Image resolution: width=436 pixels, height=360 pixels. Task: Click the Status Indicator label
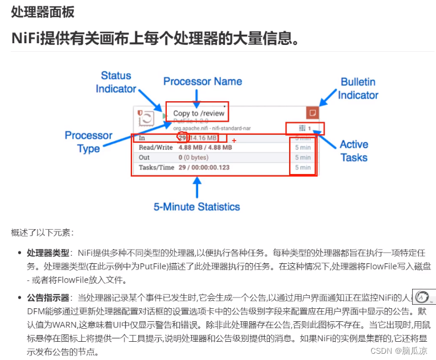coord(116,82)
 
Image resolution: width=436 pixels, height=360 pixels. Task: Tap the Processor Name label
coord(203,81)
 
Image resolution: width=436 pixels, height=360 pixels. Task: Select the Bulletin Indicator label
coord(358,88)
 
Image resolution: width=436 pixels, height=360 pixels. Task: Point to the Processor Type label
coord(88,142)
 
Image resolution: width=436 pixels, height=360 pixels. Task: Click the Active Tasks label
coord(354,151)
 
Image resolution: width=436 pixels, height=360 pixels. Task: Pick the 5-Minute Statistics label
coord(197,206)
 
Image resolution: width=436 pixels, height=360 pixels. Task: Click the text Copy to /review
coord(199,113)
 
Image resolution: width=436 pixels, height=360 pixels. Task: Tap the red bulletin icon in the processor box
coord(312,112)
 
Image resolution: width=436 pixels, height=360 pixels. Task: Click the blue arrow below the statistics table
coord(198,187)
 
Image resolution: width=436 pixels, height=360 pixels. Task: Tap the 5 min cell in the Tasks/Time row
coord(302,168)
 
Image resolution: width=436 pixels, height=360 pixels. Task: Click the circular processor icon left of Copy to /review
coord(146,118)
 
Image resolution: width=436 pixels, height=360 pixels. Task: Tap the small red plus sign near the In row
coord(234,140)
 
